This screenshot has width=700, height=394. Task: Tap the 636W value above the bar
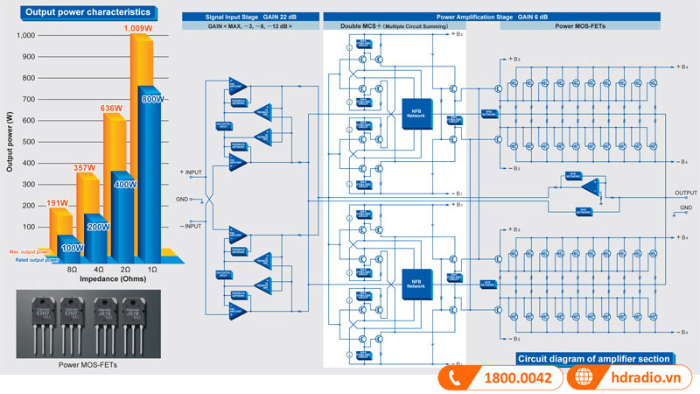coord(111,109)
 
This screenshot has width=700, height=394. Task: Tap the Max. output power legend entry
coord(28,252)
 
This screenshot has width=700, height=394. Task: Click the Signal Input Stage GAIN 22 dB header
coord(249,17)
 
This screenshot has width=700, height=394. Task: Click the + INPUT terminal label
coord(193,172)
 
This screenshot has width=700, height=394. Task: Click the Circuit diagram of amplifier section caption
coord(594,359)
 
